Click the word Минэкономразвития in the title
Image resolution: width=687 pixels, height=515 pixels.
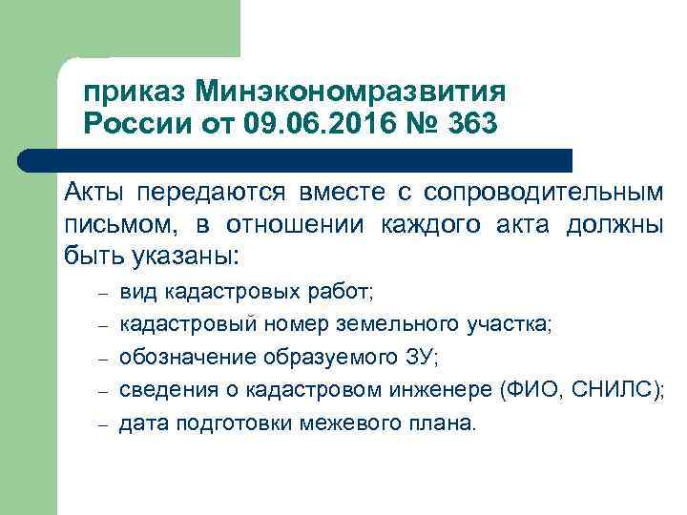350,93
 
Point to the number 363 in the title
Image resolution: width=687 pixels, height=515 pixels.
468,125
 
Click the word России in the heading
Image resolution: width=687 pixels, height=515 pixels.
135,125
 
